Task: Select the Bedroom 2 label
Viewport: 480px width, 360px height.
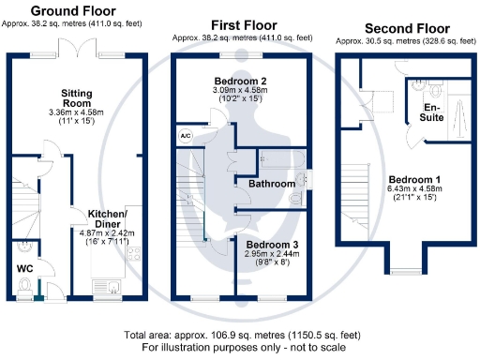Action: click(x=253, y=80)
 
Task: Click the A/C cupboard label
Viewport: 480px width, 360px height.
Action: click(x=185, y=136)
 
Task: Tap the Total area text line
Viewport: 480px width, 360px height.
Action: click(x=241, y=335)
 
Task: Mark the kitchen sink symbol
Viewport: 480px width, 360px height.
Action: click(x=112, y=287)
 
